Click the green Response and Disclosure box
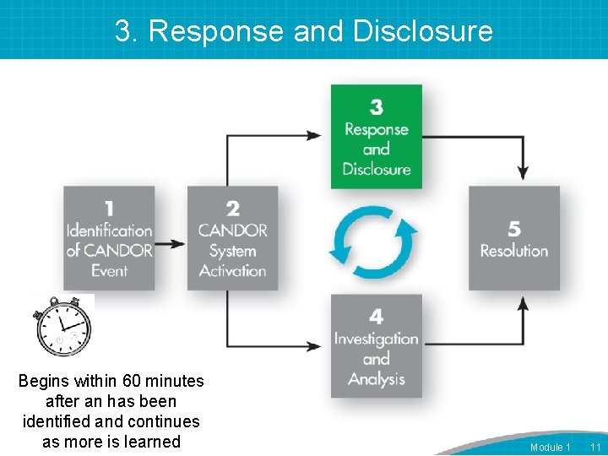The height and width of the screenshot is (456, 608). [376, 136]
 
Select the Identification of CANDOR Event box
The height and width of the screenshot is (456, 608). [110, 238]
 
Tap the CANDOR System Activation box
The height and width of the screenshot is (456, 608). [232, 238]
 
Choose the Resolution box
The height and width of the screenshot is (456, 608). [514, 238]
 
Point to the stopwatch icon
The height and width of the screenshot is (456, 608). [62, 325]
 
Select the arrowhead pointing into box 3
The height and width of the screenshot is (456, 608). [314, 135]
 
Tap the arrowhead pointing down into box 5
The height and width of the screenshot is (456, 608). [523, 172]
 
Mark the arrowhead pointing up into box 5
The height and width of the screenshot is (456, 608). [523, 304]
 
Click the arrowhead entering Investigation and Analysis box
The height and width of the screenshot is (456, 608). [314, 346]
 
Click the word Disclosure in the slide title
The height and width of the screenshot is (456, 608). [422, 31]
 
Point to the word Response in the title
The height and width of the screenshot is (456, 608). [215, 31]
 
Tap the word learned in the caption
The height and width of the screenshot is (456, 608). [152, 441]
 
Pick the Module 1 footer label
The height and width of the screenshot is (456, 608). [550, 447]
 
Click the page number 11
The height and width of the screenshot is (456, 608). [594, 447]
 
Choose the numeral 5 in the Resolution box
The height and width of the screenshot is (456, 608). [514, 228]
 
